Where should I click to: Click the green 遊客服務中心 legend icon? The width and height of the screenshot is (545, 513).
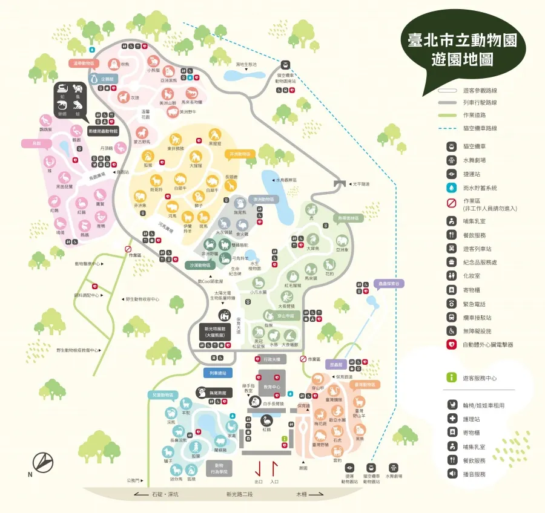point(451,377)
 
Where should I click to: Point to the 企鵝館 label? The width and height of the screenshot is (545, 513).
point(108,79)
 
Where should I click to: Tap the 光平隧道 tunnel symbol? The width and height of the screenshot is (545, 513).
point(342,183)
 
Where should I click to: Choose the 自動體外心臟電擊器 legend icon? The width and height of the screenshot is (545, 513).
point(451,344)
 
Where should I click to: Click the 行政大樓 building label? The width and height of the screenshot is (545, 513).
point(270,359)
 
